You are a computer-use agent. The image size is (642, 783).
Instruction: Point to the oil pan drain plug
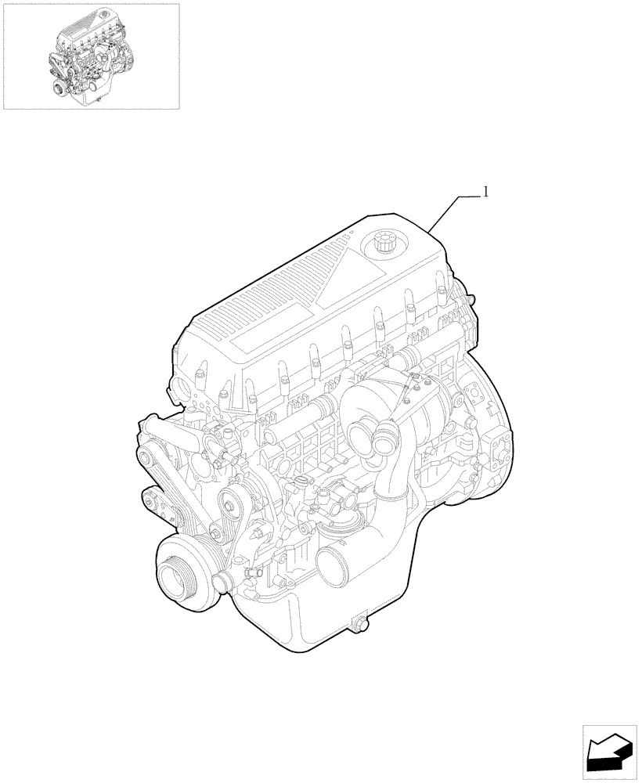point(360,623)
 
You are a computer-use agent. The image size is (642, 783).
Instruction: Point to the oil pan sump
point(313,619)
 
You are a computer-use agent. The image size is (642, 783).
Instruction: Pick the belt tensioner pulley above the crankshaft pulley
point(232,505)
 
